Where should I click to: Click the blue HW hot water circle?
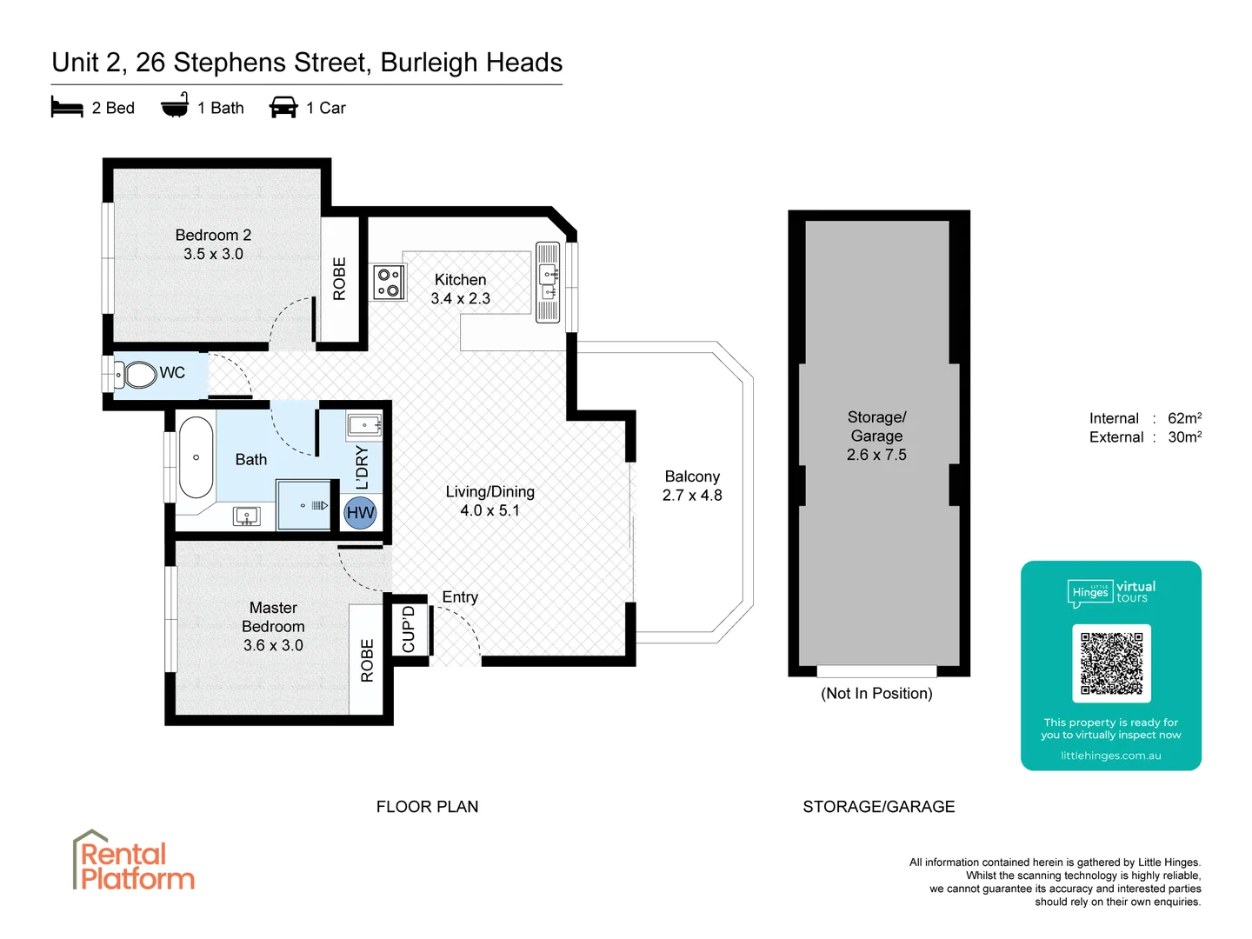click(360, 512)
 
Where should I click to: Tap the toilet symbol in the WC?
click(137, 375)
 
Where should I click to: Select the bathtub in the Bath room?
click(196, 457)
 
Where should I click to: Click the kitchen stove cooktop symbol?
click(389, 283)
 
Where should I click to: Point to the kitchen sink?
click(548, 282)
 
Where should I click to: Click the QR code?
click(1111, 663)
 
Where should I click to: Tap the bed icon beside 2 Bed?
click(67, 108)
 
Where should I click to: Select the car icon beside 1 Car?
click(283, 108)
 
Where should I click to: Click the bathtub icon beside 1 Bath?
click(175, 106)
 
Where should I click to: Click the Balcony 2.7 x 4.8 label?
click(692, 486)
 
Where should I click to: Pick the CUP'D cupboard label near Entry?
click(409, 629)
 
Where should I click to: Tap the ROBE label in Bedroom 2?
click(340, 279)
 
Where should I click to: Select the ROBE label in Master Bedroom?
click(367, 661)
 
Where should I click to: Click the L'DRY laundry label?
click(363, 468)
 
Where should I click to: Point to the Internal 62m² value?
click(1184, 418)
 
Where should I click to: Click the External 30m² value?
click(1184, 437)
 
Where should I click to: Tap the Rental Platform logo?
click(133, 862)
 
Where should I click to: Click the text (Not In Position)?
click(876, 694)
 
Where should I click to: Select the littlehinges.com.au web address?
click(1110, 756)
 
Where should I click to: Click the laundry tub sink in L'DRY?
click(364, 425)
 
